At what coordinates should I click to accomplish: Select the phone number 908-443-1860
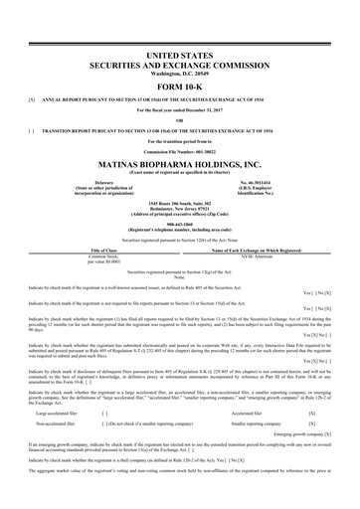click(x=180, y=222)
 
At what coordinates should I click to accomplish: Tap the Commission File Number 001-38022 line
click(x=180, y=148)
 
